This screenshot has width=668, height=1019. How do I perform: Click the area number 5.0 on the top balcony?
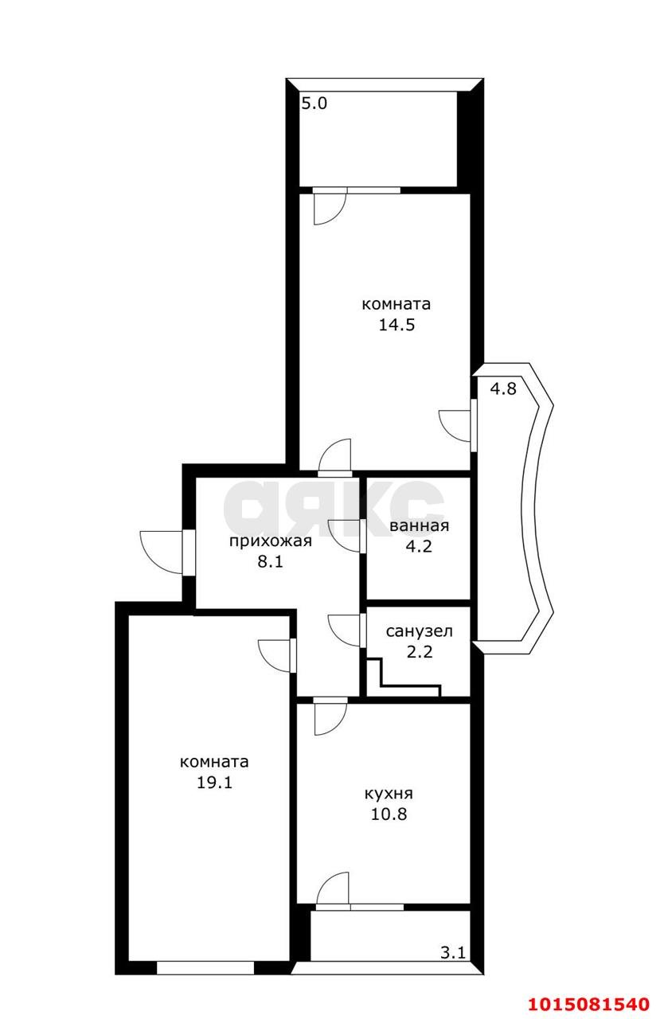314,103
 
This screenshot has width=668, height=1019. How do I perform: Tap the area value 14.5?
397,325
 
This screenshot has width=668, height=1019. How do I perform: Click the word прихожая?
270,541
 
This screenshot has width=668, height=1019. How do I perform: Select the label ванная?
419,525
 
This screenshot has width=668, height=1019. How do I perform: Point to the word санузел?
419,631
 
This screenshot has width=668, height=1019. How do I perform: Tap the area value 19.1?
214,782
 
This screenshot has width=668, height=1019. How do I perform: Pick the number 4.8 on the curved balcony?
503,388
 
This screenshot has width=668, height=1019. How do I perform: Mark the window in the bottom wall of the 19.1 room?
205,967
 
